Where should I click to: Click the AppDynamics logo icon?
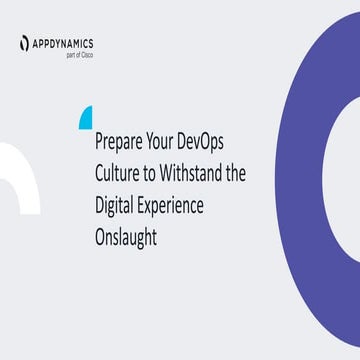[x=25, y=43]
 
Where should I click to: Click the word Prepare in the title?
[x=119, y=145]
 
